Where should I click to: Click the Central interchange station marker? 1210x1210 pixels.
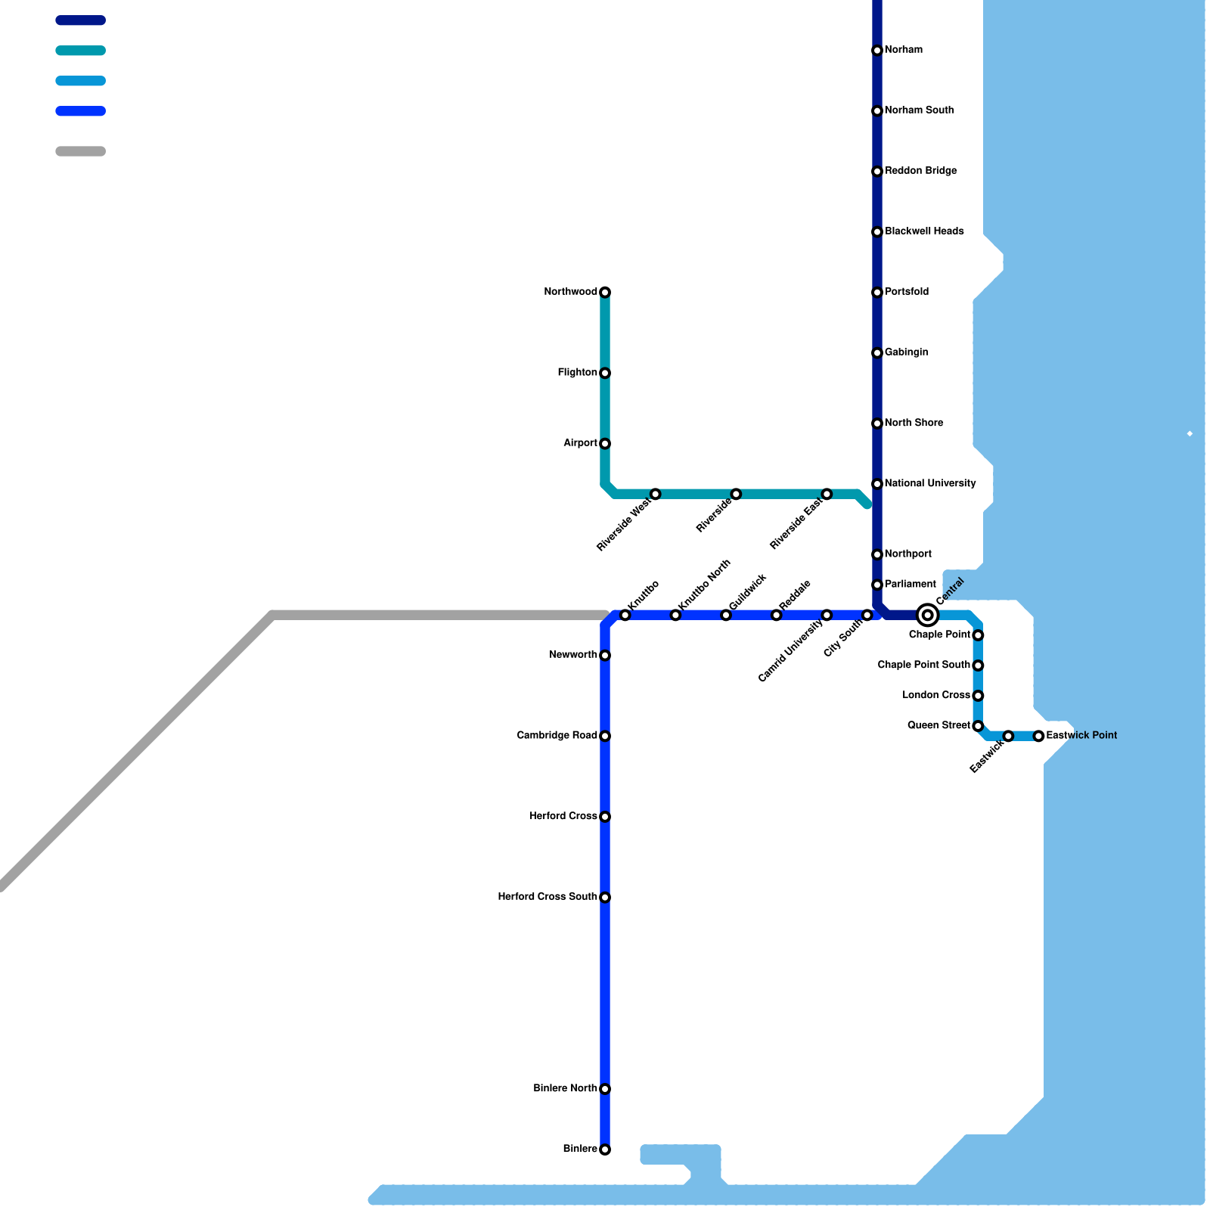click(x=927, y=615)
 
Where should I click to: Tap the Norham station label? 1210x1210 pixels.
click(x=904, y=50)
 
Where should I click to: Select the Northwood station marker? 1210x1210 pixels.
click(x=605, y=292)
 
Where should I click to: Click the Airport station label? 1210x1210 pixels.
click(x=580, y=443)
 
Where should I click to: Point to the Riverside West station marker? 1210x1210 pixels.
click(x=655, y=494)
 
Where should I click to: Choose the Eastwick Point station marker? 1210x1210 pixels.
click(x=1038, y=736)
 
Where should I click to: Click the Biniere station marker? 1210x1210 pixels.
click(x=605, y=1149)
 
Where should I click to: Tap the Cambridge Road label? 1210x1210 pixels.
click(x=557, y=736)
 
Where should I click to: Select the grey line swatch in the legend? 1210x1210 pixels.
click(x=80, y=151)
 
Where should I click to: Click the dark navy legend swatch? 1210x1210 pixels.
click(x=80, y=20)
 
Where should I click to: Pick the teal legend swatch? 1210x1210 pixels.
click(x=80, y=51)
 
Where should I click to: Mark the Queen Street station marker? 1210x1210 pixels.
click(x=978, y=726)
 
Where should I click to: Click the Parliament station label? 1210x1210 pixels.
click(x=911, y=585)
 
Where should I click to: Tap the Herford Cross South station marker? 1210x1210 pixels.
click(x=605, y=897)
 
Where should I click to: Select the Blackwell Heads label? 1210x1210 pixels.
click(x=924, y=231)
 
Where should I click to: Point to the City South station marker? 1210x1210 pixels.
click(x=867, y=615)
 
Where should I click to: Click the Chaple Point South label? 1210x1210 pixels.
click(x=923, y=665)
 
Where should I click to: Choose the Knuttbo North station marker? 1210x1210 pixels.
click(x=675, y=615)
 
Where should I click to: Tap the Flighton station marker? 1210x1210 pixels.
click(x=605, y=373)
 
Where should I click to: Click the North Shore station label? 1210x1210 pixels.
click(x=914, y=423)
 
